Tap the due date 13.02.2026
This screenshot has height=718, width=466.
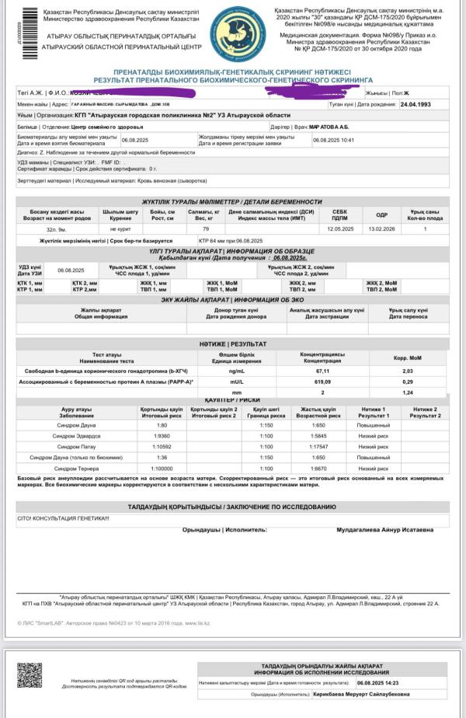coord(381,229)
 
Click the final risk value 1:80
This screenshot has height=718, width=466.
coord(162,426)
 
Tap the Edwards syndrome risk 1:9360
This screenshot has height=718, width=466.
coord(162,437)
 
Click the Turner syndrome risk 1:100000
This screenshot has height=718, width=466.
coord(162,469)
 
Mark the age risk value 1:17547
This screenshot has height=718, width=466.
coord(318,448)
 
